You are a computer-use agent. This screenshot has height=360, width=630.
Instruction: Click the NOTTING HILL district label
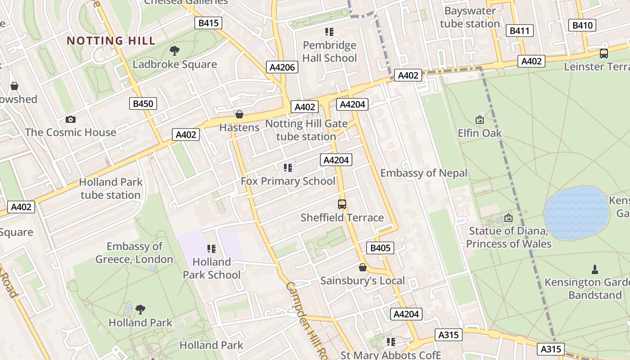pos(111,40)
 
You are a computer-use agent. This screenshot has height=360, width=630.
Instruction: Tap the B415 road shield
pos(208,23)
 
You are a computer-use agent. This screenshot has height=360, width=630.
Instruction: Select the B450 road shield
pos(144,103)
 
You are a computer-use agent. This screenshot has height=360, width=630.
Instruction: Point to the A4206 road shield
pos(282,67)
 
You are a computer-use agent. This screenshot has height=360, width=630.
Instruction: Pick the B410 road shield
pos(582,25)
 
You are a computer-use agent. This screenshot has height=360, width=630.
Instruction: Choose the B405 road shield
pos(380,248)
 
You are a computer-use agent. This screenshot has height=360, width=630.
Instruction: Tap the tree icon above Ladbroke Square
pos(175,51)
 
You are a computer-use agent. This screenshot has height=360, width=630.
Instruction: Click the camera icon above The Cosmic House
pos(70,119)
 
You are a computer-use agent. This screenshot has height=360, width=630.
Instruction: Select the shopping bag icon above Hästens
pos(239,114)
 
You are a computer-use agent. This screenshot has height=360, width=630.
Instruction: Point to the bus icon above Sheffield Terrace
pos(342,204)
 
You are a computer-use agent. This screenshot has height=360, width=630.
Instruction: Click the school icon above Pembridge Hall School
pos(329,32)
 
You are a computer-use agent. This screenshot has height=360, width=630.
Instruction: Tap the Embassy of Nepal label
pos(423,173)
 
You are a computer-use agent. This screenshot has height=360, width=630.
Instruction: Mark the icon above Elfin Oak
pos(479,120)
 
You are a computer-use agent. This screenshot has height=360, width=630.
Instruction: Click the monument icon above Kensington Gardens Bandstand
pos(595,270)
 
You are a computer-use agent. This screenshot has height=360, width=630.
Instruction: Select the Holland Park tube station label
pos(111,189)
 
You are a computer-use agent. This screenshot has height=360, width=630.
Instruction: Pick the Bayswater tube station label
pos(470,17)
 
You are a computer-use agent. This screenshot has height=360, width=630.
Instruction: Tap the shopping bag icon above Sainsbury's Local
pos(362,268)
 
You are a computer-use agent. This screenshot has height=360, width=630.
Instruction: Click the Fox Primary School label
pos(288,181)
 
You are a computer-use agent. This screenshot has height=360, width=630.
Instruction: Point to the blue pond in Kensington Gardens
pos(576,213)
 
